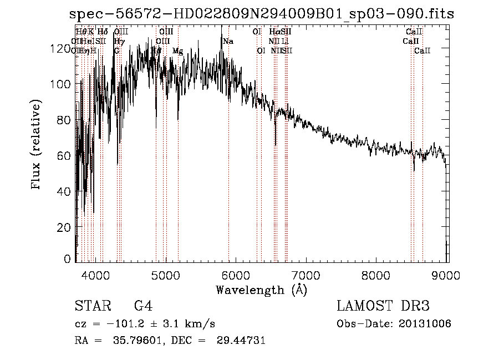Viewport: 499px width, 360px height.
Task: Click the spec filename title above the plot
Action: coord(262,14)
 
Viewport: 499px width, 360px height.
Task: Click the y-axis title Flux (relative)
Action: coord(37,145)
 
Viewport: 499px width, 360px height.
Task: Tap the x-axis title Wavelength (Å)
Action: coord(261,290)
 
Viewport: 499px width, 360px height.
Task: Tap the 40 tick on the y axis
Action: coord(64,191)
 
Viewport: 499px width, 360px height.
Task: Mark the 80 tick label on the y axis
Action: coord(64,120)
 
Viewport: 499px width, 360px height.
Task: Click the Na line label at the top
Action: coord(228,42)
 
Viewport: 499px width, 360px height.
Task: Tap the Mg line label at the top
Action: coord(177,51)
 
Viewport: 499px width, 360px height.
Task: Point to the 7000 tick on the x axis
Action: coord(306,273)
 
